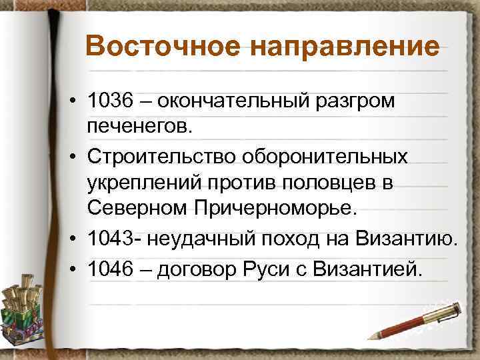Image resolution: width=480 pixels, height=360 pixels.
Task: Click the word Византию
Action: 409,238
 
